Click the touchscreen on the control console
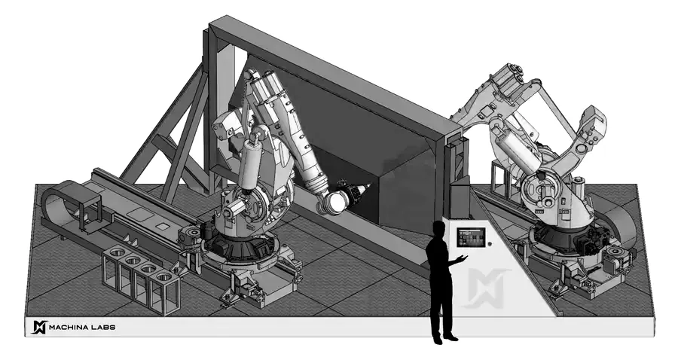[x=471, y=237]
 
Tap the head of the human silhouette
[x=438, y=229]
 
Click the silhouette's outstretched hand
[x=463, y=258]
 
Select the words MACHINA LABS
[x=82, y=327]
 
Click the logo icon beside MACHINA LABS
[x=38, y=327]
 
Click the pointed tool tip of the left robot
[x=367, y=186]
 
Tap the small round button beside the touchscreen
[x=490, y=244]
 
